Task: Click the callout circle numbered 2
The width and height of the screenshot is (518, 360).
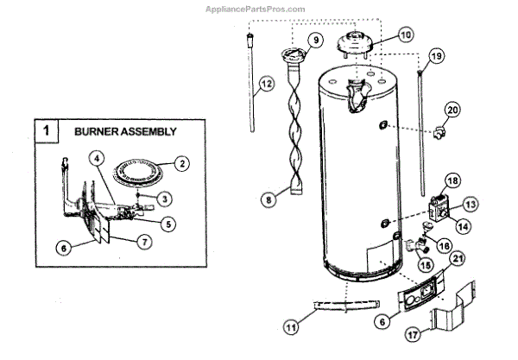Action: click(x=180, y=161)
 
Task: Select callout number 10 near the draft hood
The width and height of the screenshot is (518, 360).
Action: click(x=405, y=35)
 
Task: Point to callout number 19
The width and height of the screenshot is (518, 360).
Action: click(x=436, y=56)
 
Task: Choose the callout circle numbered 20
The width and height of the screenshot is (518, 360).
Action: click(x=452, y=109)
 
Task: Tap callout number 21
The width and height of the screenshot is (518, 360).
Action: click(x=457, y=258)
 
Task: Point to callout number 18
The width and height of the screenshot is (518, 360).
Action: click(x=451, y=181)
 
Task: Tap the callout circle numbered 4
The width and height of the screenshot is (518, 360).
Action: click(x=98, y=159)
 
